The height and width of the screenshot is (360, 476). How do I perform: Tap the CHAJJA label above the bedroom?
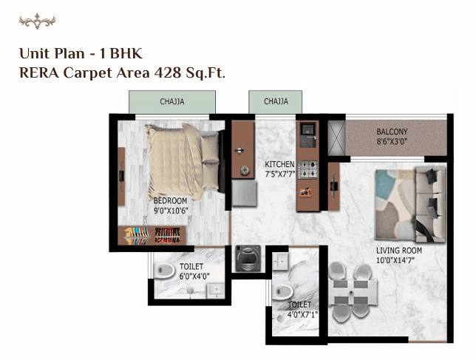tap(172, 101)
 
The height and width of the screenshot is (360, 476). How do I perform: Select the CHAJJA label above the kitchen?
tap(276, 101)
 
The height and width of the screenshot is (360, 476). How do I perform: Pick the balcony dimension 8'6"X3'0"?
tap(391, 141)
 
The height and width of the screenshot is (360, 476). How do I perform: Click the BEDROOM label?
tap(170, 200)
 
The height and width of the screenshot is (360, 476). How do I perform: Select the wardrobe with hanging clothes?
tap(152, 235)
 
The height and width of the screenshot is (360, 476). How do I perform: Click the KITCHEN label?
tap(280, 164)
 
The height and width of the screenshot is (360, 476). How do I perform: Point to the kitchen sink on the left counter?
tap(242, 152)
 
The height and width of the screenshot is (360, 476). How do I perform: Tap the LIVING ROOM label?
tap(399, 251)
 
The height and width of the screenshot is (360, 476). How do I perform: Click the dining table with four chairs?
tap(350, 291)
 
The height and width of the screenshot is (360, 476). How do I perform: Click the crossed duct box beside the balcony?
tap(336, 138)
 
